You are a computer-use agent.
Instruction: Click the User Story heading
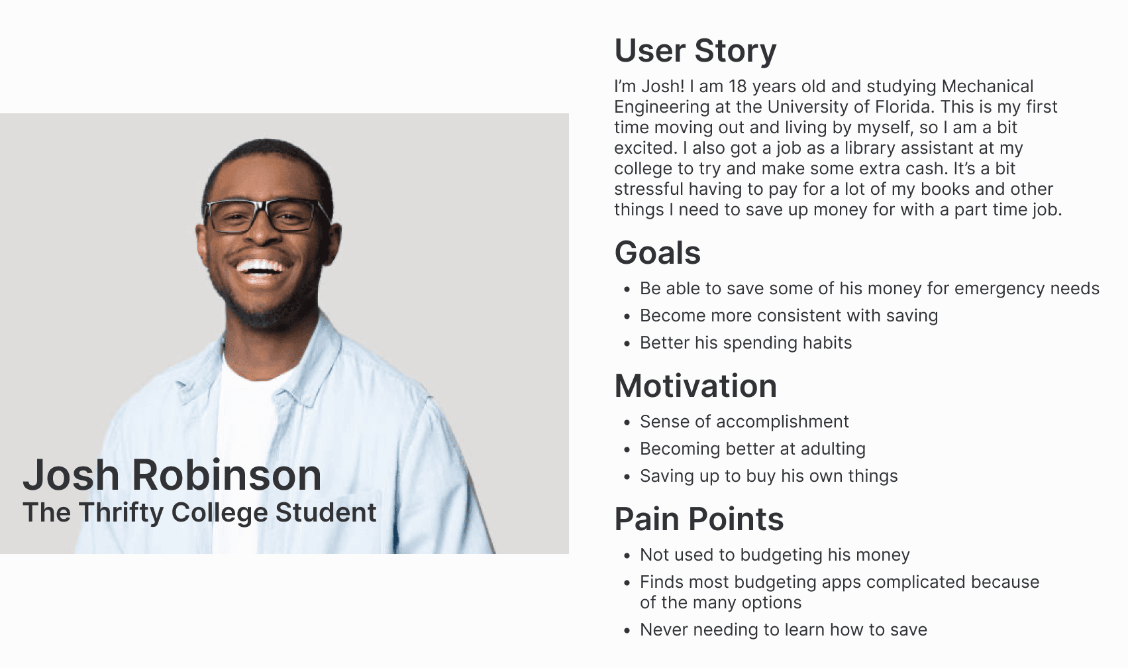click(x=695, y=51)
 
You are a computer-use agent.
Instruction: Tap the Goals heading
click(x=657, y=252)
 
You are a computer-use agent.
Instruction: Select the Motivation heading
click(x=695, y=386)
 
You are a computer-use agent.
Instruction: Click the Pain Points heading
click(x=699, y=519)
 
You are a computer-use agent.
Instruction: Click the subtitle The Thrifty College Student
click(x=199, y=512)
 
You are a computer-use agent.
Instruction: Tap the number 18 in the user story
click(x=738, y=86)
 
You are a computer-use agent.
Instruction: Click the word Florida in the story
click(x=903, y=107)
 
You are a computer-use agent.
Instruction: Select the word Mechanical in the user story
click(x=988, y=86)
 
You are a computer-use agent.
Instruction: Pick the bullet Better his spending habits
click(x=746, y=343)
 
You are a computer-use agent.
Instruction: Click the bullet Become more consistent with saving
click(x=789, y=315)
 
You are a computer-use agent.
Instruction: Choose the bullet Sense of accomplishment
click(x=744, y=421)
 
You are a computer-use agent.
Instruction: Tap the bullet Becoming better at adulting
click(x=753, y=449)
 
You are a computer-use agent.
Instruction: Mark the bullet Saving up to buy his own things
click(x=769, y=476)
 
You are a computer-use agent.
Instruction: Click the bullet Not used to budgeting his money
click(x=775, y=555)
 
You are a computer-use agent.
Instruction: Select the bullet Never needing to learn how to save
click(x=784, y=630)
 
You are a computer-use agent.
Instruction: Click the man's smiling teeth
click(x=260, y=267)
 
